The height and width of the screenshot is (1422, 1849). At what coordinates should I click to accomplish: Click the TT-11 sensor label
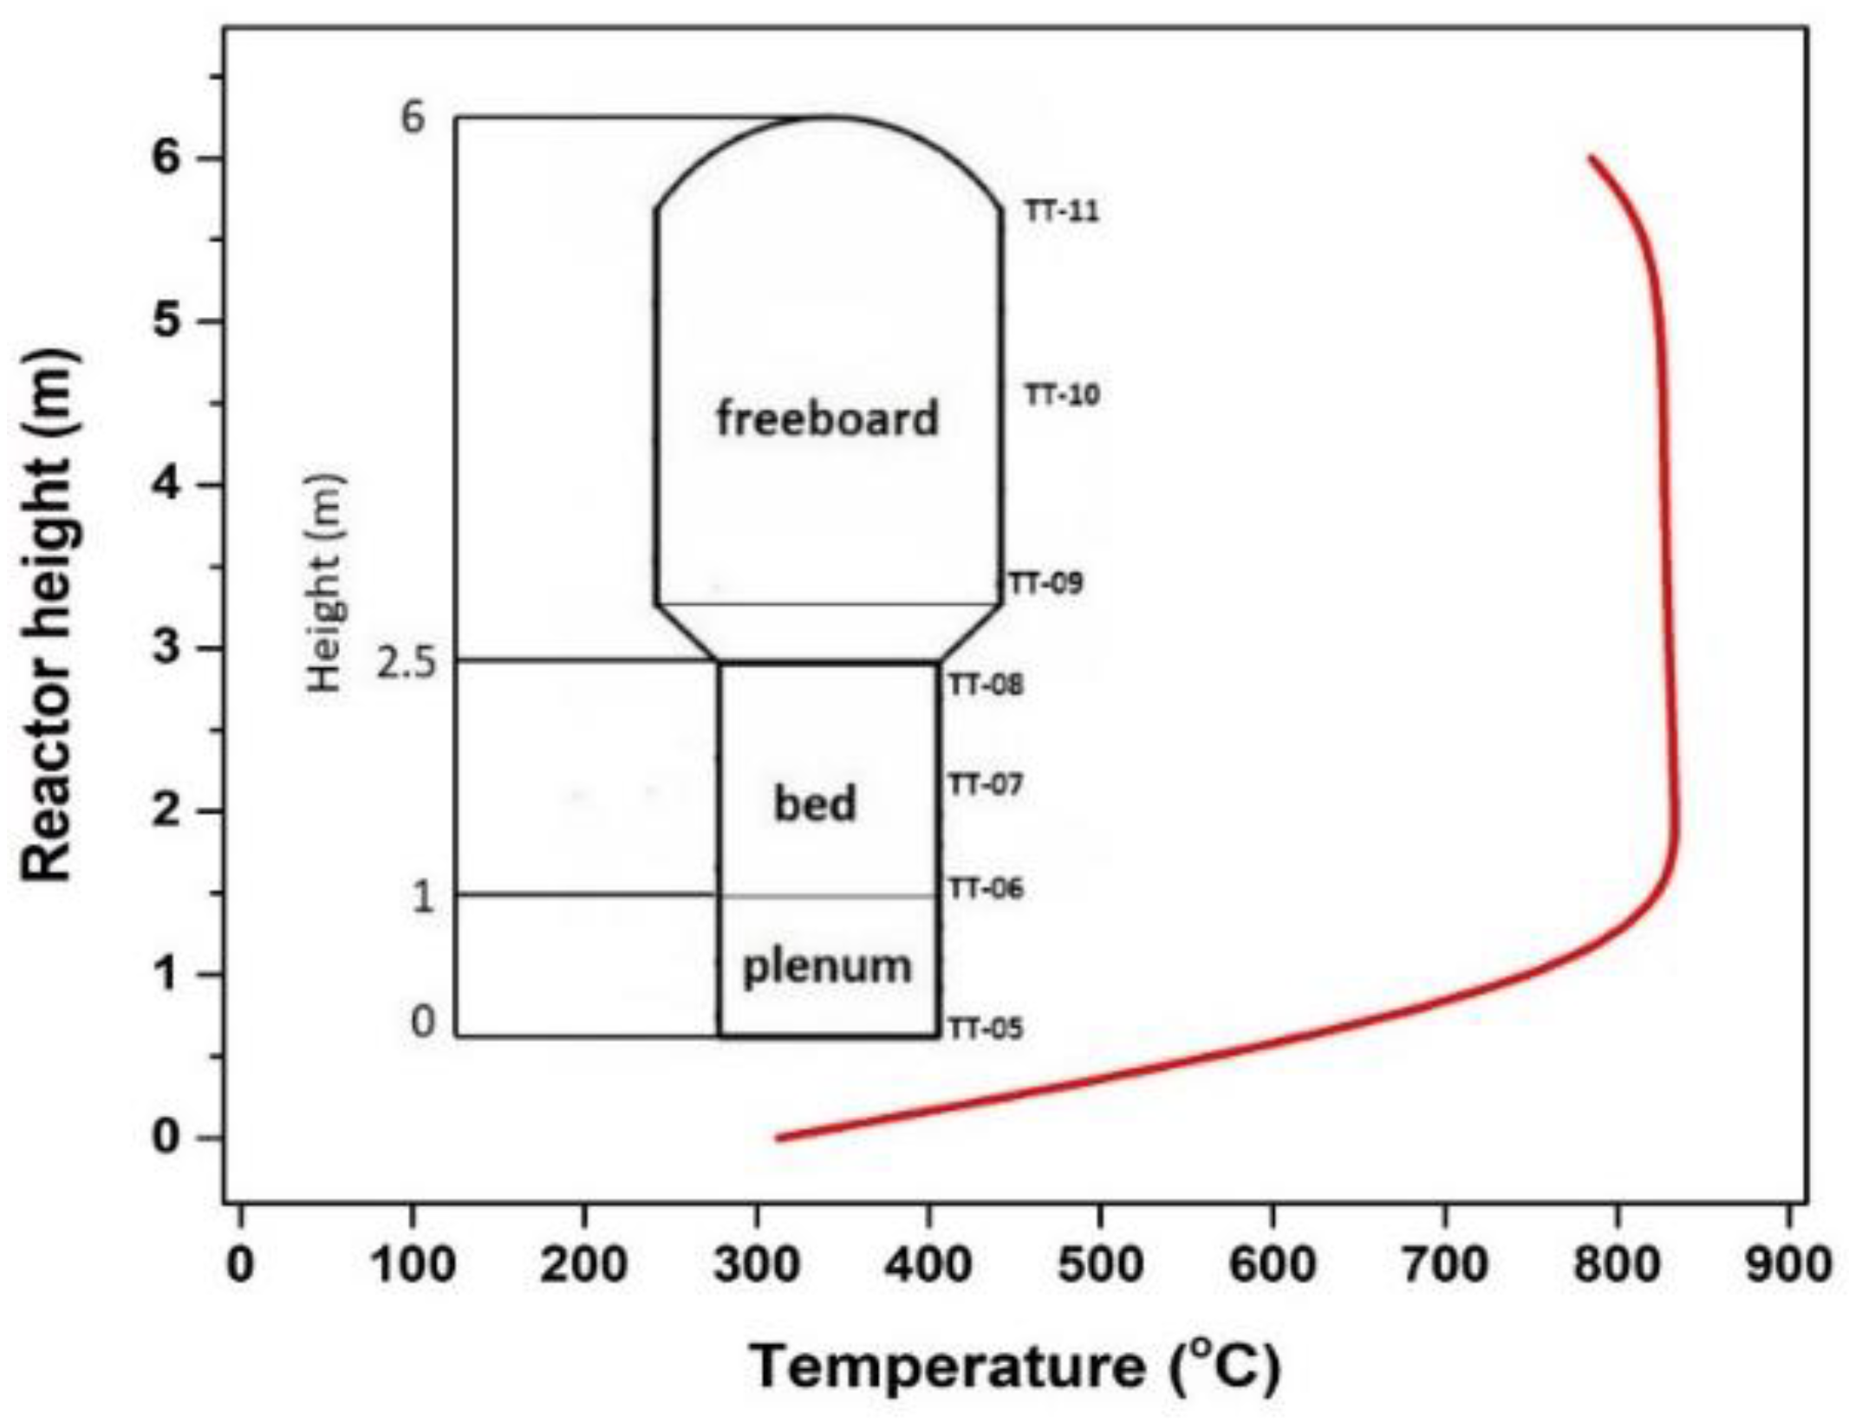point(1062,211)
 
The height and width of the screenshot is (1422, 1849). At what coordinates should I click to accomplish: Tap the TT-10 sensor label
point(1062,396)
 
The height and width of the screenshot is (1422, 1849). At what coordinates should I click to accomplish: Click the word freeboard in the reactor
point(827,419)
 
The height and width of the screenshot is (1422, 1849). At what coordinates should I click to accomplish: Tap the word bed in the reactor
point(815,803)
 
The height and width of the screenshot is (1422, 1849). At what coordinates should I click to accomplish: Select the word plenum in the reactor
point(827,965)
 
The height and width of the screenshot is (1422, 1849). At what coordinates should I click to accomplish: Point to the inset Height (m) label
point(327,582)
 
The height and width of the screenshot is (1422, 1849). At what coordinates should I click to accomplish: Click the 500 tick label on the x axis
point(1099,1266)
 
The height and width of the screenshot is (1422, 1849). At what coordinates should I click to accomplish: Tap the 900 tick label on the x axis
point(1787,1266)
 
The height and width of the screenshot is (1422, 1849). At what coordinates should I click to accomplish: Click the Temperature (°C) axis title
point(1014,1367)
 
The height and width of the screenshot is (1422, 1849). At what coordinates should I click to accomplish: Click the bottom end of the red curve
point(778,1138)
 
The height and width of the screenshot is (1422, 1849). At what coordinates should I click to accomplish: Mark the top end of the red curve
point(1591,158)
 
